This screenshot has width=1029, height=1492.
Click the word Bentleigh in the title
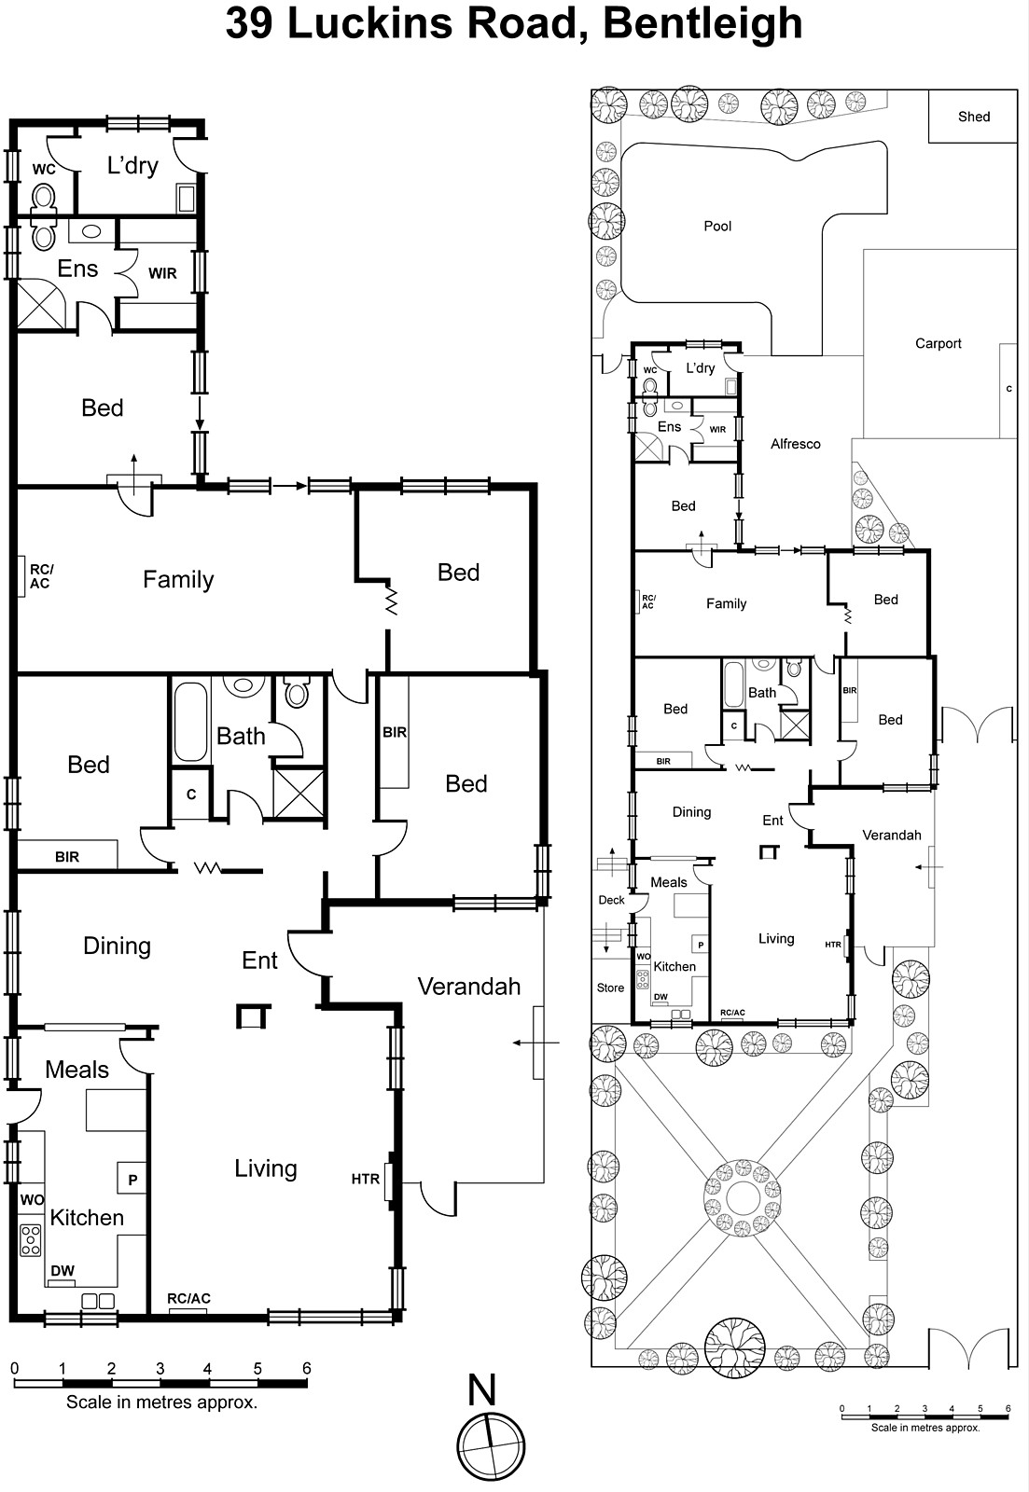pos(702,24)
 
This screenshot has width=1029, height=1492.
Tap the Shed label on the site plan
pos(973,117)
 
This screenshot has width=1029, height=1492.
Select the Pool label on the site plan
pos(717,226)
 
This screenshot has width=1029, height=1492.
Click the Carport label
pos(938,343)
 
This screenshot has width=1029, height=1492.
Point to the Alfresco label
pos(795,444)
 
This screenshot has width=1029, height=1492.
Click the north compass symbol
pos(491,1445)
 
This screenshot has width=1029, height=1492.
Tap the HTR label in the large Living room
pos(365,1179)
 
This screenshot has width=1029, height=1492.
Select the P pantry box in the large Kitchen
pos(132,1180)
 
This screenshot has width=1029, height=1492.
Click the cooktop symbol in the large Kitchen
pos(31,1239)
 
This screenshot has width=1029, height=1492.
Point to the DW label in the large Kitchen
pos(63,1271)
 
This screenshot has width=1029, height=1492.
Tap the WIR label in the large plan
pos(162,273)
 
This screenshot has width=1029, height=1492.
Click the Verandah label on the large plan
pos(468,986)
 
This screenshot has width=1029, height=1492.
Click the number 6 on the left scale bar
pos(306,1369)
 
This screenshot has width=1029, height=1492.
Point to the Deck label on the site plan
pos(611,900)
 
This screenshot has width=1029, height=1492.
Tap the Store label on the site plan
pos(610,988)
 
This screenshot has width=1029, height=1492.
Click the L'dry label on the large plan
pos(132,166)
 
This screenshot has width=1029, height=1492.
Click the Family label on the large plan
pos(178,580)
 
